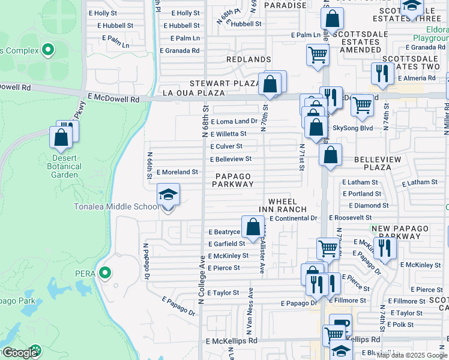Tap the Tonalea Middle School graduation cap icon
(168, 194)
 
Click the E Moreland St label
(177, 172)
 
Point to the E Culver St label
(226, 146)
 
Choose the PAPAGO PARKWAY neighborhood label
(233, 180)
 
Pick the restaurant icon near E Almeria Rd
(382, 74)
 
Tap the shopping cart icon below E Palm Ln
(318, 55)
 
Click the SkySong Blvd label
(353, 128)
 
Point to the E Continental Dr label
(293, 218)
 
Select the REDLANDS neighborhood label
(249, 59)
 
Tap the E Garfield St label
(226, 244)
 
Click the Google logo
(20, 353)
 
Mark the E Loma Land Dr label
(234, 121)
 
